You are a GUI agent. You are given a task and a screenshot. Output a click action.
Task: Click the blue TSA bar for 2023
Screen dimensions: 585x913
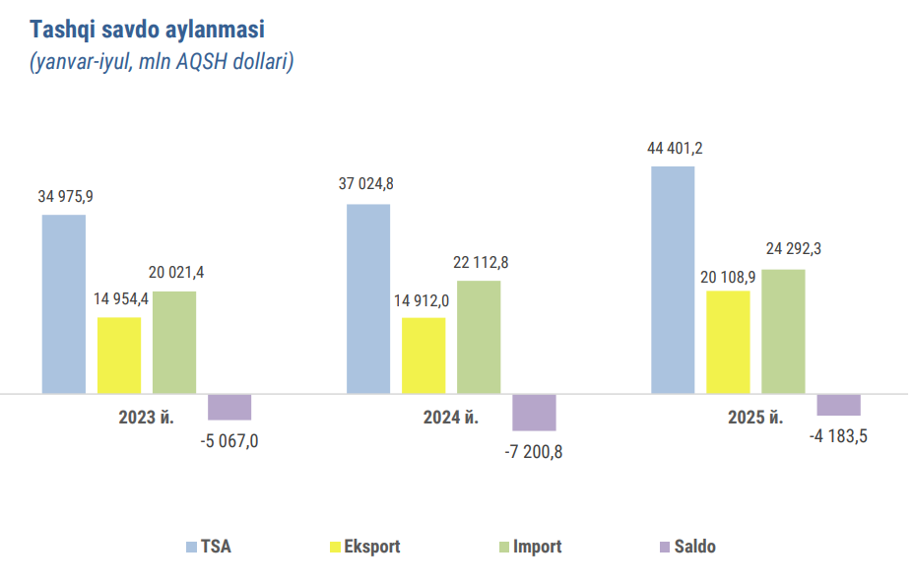[x=63, y=303]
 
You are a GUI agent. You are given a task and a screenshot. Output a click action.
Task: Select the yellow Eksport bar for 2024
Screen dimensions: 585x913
[x=424, y=355]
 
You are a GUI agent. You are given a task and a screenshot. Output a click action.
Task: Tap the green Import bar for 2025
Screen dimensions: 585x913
[x=783, y=331]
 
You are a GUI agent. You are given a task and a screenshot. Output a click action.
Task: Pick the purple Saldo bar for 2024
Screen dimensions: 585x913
[x=534, y=412]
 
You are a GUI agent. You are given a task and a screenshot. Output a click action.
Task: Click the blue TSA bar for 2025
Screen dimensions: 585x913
[x=673, y=280]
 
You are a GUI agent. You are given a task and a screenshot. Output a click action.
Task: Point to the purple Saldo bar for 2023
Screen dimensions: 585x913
[x=229, y=407]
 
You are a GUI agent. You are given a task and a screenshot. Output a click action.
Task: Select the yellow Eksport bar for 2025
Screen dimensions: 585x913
[x=728, y=342]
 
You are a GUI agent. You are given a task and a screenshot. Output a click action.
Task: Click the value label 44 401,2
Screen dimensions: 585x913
[x=675, y=149]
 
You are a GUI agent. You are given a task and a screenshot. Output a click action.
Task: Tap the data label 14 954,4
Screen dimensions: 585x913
[x=122, y=299]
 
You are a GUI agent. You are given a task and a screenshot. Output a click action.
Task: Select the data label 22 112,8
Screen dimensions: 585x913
[x=481, y=263]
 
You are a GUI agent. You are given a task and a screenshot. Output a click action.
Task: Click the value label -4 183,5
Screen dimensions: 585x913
[x=840, y=435]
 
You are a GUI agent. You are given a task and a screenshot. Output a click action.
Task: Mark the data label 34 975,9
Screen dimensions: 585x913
[x=65, y=197]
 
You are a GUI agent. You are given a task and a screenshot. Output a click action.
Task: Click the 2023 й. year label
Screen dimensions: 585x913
[x=146, y=418]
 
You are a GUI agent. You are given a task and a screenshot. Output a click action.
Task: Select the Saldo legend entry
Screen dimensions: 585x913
[x=694, y=547]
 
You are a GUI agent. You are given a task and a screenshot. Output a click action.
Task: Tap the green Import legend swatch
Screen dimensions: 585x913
[x=504, y=547]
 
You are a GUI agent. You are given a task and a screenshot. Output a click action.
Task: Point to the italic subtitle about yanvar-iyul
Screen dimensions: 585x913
[x=163, y=61]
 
